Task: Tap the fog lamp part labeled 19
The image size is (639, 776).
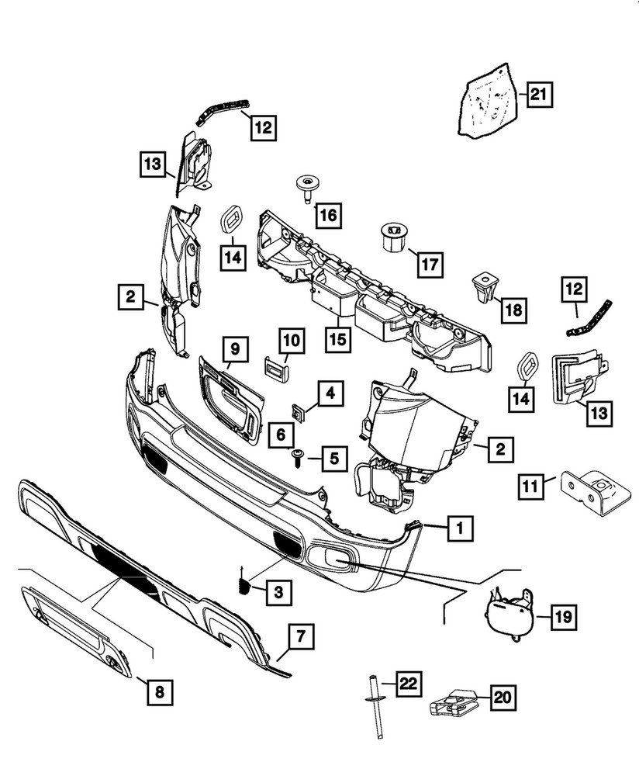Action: coord(509,618)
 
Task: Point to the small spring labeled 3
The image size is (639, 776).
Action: coord(244,584)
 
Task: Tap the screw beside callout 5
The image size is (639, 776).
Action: coord(299,459)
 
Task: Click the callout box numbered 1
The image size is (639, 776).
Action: coord(460,530)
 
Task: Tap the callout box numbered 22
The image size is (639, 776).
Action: coord(408,683)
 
